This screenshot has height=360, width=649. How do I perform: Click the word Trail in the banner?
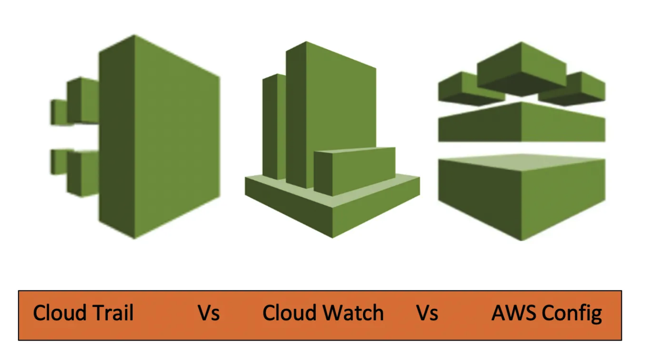pos(114,313)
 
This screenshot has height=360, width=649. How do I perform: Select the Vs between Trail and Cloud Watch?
pos(209,313)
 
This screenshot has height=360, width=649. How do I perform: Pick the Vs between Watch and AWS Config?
pos(427,313)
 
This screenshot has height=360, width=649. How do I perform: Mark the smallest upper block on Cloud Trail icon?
pos(58,112)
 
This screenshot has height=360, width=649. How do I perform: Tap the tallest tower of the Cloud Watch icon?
pos(335,104)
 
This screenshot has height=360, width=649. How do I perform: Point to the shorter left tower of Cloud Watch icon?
pos(273,127)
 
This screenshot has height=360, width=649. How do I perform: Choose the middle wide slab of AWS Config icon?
pos(522,123)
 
